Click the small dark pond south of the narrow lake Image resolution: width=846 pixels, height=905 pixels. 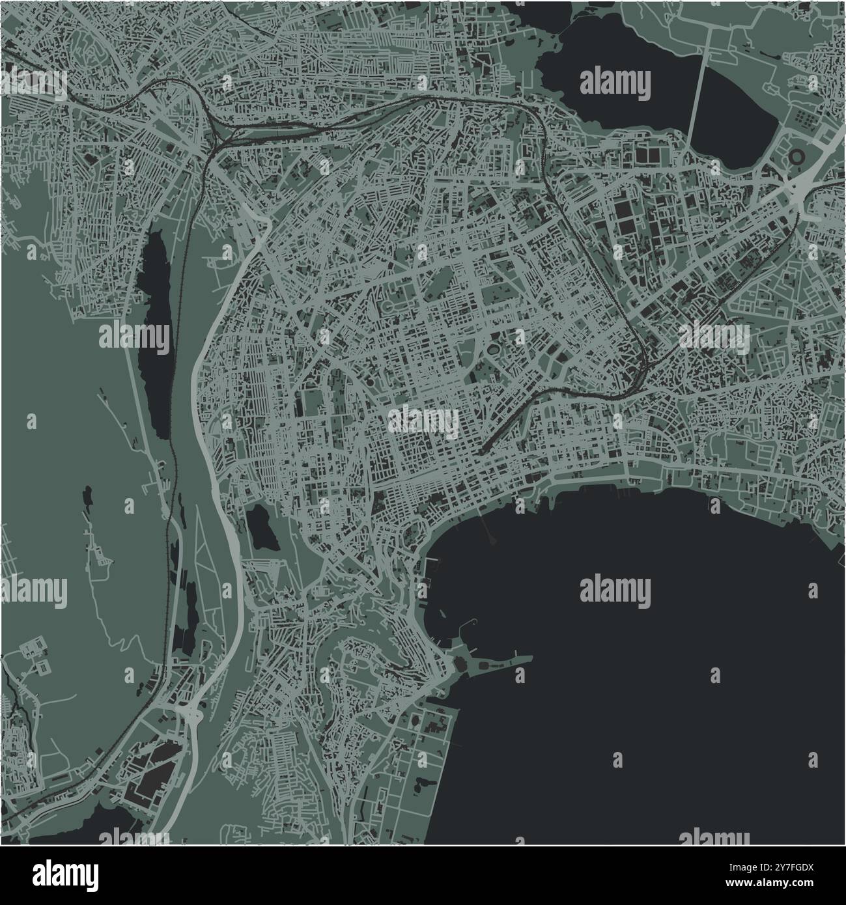click(x=261, y=529)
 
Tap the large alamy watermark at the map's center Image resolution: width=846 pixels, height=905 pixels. click(x=423, y=422)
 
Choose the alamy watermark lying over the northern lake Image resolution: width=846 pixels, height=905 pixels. click(x=614, y=83)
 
